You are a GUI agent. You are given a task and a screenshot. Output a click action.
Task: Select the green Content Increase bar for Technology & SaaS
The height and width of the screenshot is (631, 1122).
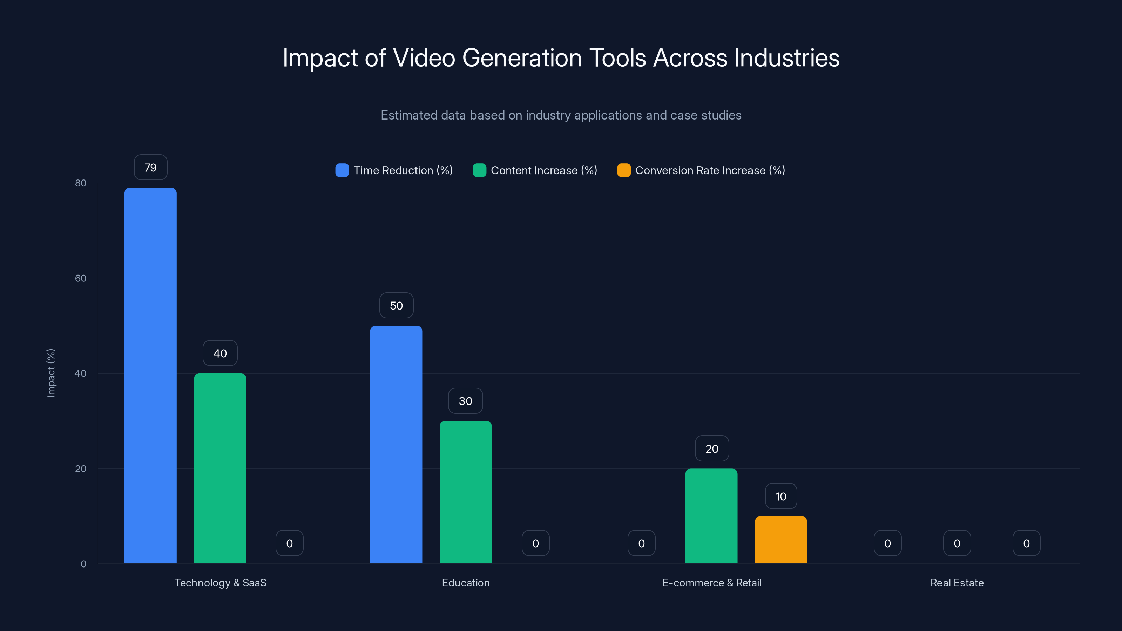coord(220,468)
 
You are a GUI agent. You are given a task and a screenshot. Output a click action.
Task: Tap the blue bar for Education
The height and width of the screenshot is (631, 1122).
coord(396,444)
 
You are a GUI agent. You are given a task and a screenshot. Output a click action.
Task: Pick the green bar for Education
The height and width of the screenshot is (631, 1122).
coord(466,492)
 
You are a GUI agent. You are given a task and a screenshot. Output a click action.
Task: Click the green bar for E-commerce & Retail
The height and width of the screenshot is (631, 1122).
coord(711,516)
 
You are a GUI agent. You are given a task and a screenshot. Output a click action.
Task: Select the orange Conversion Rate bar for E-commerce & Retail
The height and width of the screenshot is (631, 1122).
coord(780,540)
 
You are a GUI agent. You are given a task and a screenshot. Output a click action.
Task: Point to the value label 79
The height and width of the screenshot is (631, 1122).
coord(150,168)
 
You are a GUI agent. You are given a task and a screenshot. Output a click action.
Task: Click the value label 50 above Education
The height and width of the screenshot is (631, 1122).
coord(396,306)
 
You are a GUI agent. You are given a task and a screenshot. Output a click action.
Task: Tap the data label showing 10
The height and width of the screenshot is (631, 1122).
coord(781,496)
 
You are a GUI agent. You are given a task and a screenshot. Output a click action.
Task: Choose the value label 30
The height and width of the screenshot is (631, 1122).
coord(465,401)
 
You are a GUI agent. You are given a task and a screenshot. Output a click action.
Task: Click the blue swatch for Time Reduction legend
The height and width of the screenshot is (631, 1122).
coord(342,170)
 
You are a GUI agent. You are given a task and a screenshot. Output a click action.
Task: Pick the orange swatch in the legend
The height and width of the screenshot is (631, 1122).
coord(624,170)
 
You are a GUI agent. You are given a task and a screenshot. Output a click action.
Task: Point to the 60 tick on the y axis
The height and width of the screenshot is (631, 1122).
coord(81,278)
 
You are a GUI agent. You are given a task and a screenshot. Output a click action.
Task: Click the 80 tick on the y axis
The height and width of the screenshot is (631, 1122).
coord(81,183)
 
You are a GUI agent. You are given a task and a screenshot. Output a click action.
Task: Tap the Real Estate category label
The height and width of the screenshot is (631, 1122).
coord(957,583)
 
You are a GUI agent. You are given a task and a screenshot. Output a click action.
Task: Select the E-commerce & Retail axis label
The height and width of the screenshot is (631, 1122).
coord(711,583)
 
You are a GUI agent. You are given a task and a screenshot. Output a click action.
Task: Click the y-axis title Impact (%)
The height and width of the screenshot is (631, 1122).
coord(51,373)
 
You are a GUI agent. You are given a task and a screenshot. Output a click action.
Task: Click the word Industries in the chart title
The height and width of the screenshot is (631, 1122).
coord(786,58)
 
